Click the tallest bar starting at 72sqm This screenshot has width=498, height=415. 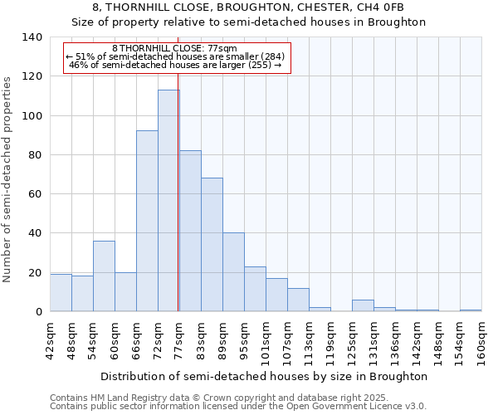pos(168,201)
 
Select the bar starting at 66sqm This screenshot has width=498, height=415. pos(147,221)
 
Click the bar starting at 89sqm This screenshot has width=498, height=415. pos(233,272)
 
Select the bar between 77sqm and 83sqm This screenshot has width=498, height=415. pos(190,231)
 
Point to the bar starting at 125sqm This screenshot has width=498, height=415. pos(363,305)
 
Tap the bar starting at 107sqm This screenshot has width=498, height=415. pos(298,300)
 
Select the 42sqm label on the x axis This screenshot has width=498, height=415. pos(50,339)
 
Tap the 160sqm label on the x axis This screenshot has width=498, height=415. pos(481,341)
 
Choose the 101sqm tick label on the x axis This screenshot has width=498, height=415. pos(266,341)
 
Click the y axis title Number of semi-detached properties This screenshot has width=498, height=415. pos(7,178)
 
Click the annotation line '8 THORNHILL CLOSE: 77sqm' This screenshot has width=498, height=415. pos(175,49)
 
